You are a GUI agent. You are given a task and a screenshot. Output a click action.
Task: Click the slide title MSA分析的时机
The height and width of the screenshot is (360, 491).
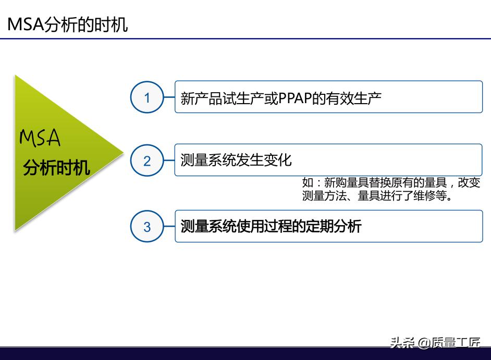pos(67,24)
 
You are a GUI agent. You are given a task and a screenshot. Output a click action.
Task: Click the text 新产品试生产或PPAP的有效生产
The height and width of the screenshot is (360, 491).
pos(281,98)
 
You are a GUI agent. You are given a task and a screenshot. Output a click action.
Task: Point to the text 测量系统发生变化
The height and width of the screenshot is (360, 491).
pos(236,160)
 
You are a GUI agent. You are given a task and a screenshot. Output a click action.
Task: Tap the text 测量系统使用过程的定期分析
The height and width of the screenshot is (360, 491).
pos(271,226)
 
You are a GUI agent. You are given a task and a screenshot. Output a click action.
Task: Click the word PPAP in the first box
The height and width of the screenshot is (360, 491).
pos(295,98)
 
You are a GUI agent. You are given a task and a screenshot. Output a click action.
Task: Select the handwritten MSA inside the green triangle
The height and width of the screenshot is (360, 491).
pos(40,138)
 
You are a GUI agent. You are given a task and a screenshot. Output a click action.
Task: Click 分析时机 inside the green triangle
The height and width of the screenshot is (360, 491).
pos(56,167)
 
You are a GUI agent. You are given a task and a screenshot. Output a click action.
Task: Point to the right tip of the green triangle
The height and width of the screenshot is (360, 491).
pos(124,153)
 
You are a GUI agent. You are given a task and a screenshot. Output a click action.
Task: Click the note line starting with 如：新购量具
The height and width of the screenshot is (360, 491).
pos(391,182)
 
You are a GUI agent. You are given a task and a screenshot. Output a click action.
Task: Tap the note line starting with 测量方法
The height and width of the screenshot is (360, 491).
pos(378,196)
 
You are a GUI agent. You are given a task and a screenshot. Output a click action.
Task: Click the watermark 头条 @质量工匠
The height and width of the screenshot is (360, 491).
pos(435,342)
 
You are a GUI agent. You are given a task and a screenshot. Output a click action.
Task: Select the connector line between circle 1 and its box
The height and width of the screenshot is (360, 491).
pos(169,97)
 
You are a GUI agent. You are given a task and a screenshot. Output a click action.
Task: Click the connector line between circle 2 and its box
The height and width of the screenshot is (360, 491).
pos(169,160)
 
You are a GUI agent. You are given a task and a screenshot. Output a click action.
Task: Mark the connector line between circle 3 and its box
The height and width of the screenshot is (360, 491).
pos(169,226)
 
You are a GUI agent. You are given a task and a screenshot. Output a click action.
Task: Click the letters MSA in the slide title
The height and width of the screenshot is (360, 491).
pos(26,24)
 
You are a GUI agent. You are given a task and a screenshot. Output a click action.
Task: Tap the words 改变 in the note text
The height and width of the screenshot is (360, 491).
pos(469,182)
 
